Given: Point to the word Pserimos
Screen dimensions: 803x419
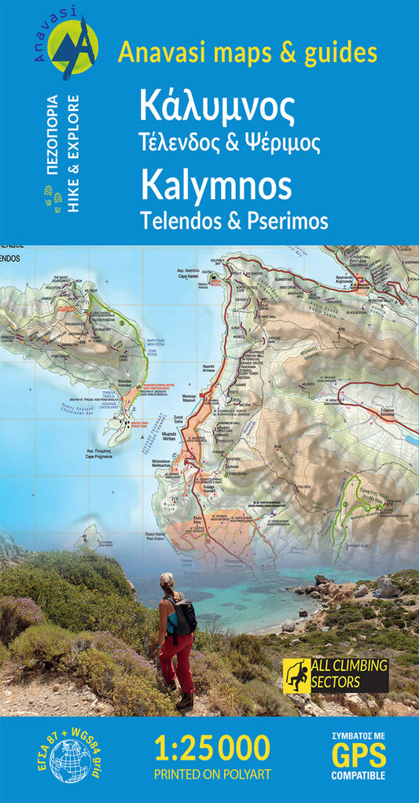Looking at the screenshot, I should point(288,221).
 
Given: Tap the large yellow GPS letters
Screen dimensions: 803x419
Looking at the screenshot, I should point(358,756).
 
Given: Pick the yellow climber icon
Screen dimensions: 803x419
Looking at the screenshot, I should point(295,675).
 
